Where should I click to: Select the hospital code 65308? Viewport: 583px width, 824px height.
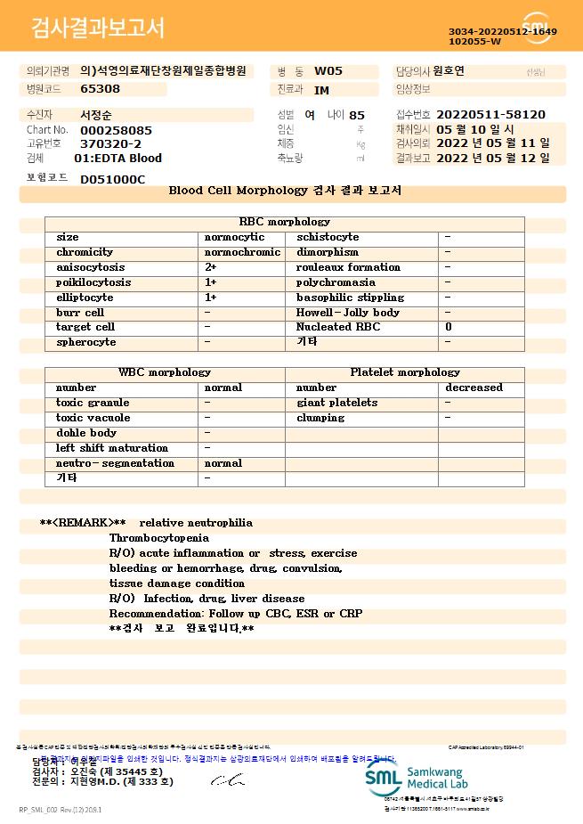tap(100, 88)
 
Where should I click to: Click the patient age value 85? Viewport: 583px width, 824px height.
tap(357, 115)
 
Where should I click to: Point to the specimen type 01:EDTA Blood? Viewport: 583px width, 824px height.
tap(117, 158)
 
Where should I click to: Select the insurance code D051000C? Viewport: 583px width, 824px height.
tap(112, 179)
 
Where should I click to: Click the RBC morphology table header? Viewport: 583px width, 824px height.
tap(285, 222)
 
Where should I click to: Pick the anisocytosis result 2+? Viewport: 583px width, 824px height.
tap(211, 267)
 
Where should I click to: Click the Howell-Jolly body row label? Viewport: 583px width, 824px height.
tap(348, 313)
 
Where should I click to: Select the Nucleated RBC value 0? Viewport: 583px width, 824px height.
tap(448, 327)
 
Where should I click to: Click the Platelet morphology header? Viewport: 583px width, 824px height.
tap(405, 372)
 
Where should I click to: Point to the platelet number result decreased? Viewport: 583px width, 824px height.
tap(474, 388)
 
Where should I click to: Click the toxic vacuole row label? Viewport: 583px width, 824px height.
tap(93, 418)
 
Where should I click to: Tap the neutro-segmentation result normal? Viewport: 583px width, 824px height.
tap(223, 463)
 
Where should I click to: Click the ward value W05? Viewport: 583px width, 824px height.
tap(328, 70)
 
